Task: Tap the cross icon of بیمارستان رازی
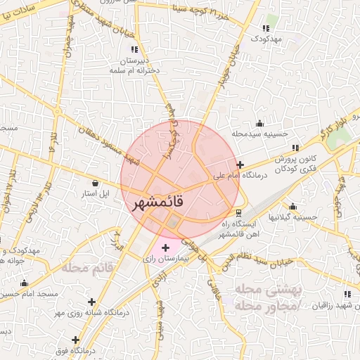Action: (x=165, y=248)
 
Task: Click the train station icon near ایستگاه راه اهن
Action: (x=239, y=212)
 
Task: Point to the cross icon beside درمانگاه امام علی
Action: (x=240, y=165)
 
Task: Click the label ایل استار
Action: (x=93, y=192)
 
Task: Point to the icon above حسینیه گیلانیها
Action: (x=292, y=207)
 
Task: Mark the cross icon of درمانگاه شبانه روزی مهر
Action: (x=91, y=302)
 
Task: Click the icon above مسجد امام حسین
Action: (x=24, y=283)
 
